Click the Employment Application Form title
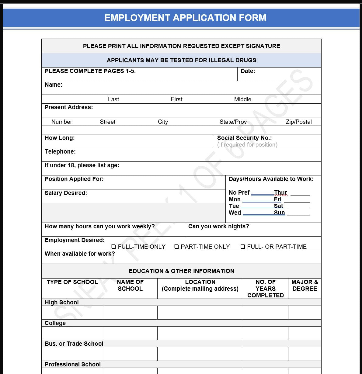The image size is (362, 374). point(185,18)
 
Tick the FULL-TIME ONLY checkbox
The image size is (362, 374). point(113,247)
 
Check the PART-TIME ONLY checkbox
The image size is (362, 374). point(176,247)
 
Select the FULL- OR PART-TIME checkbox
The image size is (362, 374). point(243,247)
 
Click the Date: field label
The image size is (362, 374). point(248,71)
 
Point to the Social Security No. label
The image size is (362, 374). point(244,138)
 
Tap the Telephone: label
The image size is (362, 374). point(60,152)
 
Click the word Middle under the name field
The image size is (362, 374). point(242,99)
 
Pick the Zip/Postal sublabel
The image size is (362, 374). point(298,122)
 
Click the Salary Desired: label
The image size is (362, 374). point(66,193)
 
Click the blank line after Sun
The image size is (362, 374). point(298,213)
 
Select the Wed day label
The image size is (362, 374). point(235,213)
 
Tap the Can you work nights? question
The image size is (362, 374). point(218,227)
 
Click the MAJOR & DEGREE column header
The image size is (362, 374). point(305,286)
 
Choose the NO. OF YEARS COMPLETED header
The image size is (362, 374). point(265,289)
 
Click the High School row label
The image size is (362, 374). point(61,303)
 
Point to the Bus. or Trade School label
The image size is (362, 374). point(74,344)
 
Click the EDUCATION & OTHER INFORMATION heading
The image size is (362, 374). point(181,271)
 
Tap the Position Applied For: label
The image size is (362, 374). point(74,179)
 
